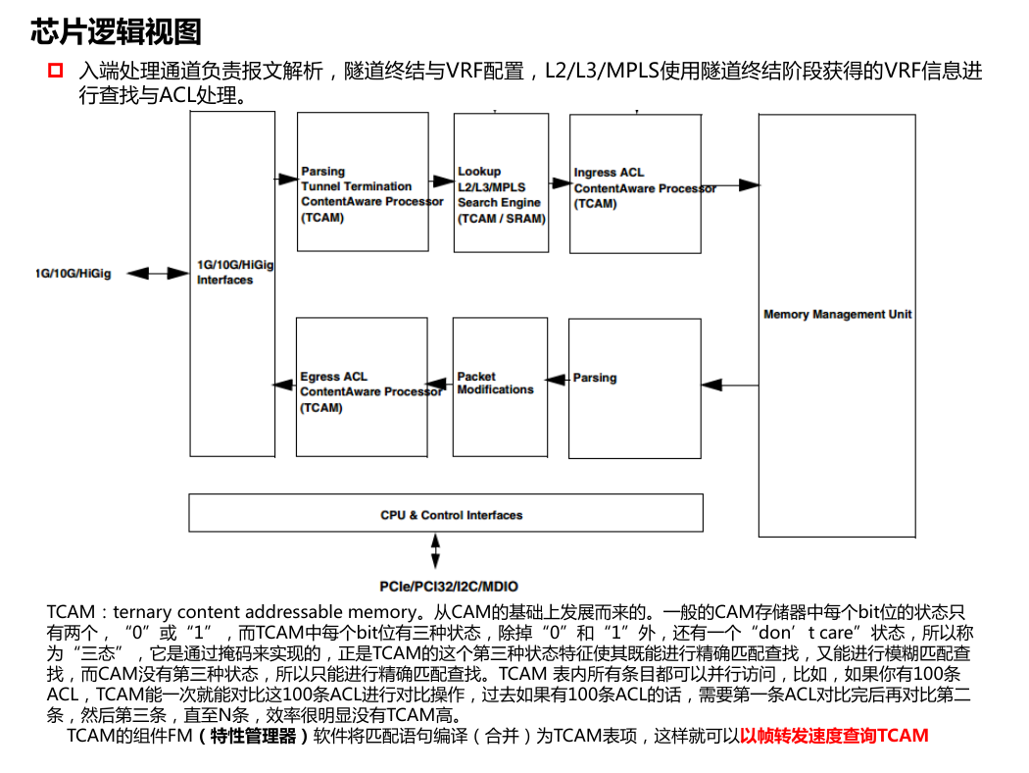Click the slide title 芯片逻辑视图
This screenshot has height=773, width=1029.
[116, 31]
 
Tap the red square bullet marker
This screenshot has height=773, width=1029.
[55, 71]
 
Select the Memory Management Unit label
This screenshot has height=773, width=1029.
[837, 315]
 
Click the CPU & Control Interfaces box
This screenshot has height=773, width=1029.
[446, 513]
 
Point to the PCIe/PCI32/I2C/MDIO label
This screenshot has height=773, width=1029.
[449, 587]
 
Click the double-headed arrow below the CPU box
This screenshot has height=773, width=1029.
[435, 551]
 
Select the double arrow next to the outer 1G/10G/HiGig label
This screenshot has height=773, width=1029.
[158, 274]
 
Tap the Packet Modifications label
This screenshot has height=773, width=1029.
[496, 383]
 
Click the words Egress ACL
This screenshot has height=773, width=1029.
[333, 377]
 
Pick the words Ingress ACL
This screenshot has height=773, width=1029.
[609, 172]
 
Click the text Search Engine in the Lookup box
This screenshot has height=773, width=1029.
[499, 202]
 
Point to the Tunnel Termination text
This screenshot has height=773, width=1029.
[357, 186]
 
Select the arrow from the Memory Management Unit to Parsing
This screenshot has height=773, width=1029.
[730, 385]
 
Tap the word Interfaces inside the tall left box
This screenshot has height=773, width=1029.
[225, 280]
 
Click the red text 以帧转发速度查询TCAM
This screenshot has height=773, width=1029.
[834, 736]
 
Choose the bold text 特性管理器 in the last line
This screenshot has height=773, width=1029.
[253, 736]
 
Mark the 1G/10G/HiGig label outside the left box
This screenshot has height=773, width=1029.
[73, 274]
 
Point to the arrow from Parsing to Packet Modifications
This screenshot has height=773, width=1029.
[558, 380]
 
